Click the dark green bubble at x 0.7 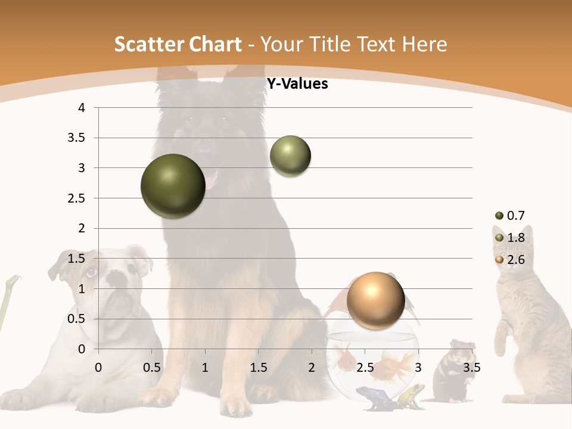click(173, 186)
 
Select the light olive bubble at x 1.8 click(290, 156)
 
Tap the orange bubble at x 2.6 click(375, 301)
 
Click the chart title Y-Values click(297, 84)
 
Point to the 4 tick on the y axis click(82, 108)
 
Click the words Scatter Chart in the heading click(178, 44)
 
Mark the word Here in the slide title click(425, 44)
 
